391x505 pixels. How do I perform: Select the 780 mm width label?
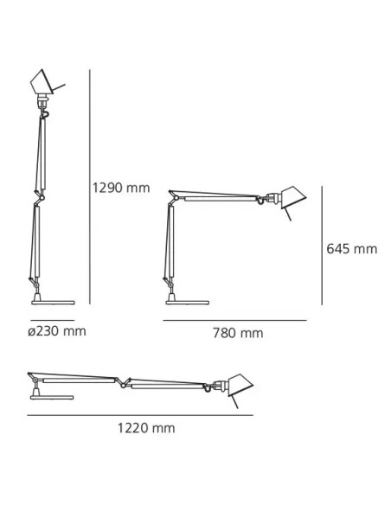click(240, 334)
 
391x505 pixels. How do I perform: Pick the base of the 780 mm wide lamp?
click(184, 301)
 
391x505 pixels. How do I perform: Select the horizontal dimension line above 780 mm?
click(235, 320)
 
